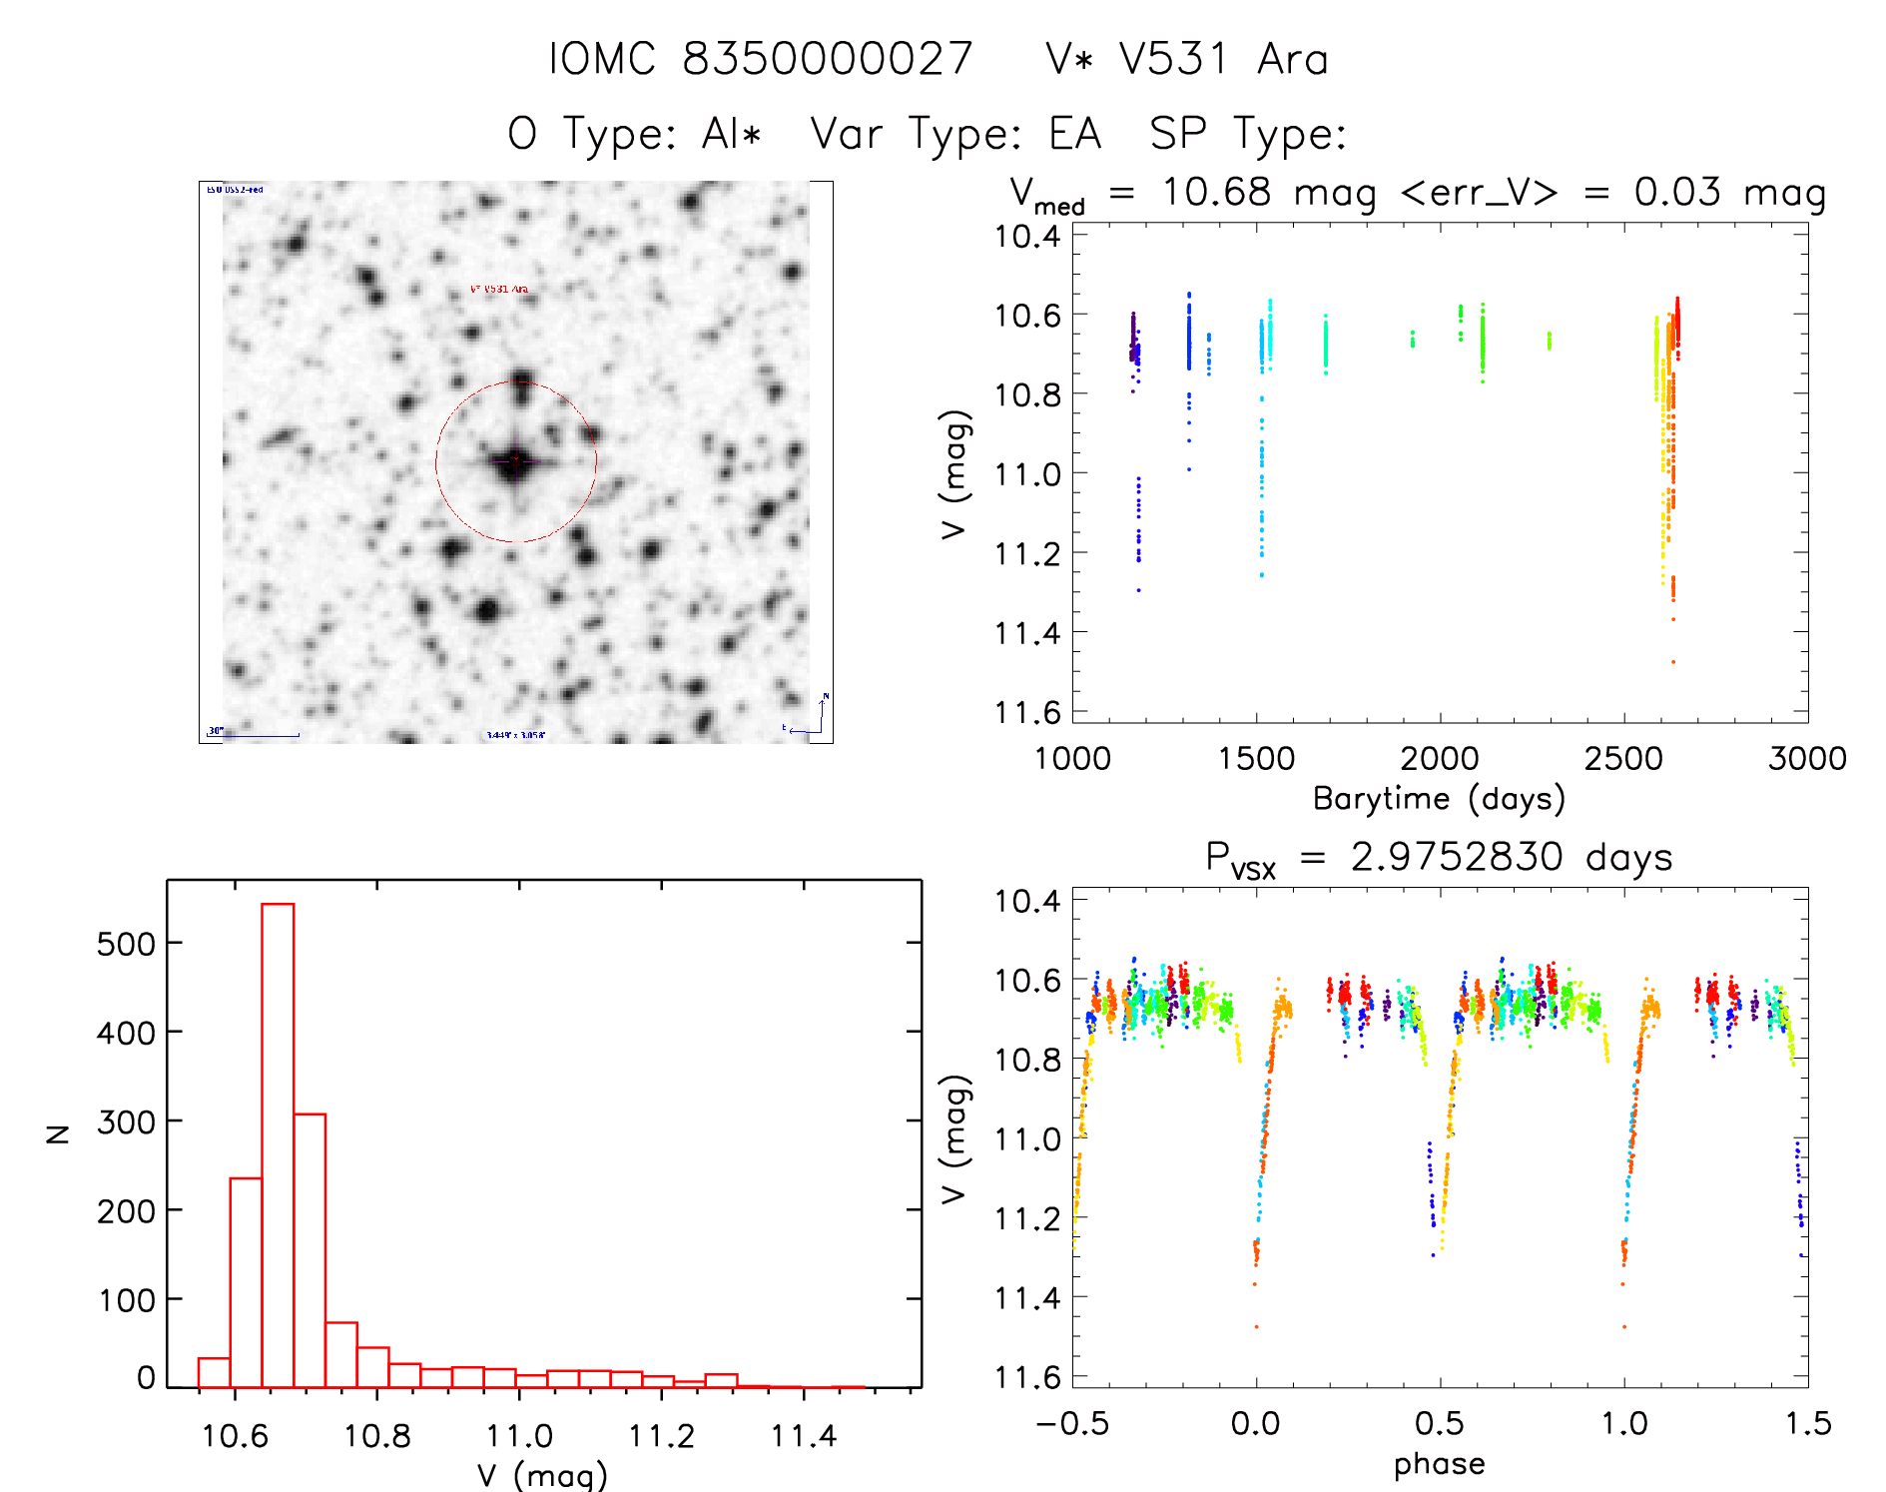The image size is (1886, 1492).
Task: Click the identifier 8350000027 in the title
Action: [828, 60]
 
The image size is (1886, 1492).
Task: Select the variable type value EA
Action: [1074, 134]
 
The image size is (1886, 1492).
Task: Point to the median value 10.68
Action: [1216, 192]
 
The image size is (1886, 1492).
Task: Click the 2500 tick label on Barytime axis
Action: [1623, 759]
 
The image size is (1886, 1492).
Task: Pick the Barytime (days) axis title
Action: [1439, 799]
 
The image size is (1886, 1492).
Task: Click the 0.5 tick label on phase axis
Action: [1440, 1424]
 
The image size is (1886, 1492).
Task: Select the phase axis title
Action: [1439, 1464]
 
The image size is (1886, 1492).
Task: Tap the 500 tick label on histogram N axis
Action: [126, 944]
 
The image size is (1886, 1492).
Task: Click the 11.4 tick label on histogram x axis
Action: [803, 1436]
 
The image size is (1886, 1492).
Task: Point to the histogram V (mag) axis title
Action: [542, 1474]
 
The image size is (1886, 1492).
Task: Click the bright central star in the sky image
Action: [515, 461]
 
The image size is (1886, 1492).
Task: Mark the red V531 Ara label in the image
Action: [499, 290]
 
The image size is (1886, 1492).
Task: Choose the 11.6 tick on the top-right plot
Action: [1027, 713]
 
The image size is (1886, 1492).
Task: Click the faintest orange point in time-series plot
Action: [1673, 661]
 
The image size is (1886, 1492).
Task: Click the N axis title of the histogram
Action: [58, 1133]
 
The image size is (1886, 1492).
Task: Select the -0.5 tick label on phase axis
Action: [1072, 1424]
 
